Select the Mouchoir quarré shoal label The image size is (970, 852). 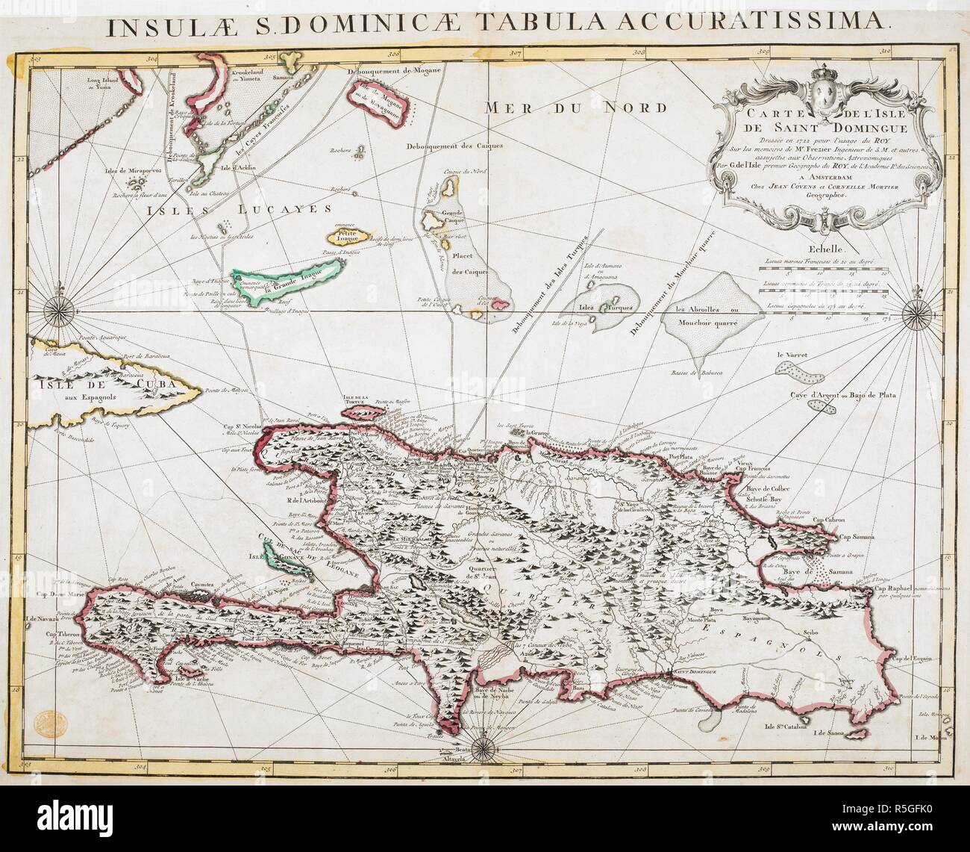(701, 324)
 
